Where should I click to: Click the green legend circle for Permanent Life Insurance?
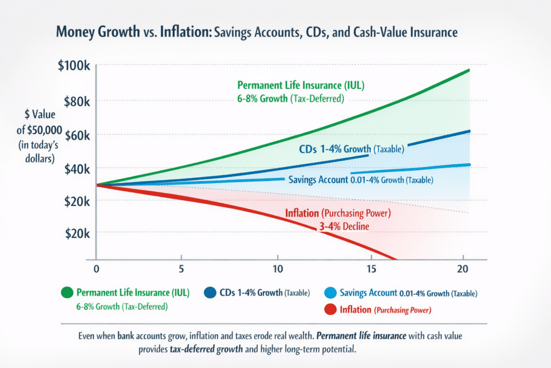click(67, 293)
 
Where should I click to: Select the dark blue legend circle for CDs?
click(210, 293)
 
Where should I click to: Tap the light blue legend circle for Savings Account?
click(330, 293)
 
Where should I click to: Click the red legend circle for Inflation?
click(330, 310)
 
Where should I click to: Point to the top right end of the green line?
click(469, 70)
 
